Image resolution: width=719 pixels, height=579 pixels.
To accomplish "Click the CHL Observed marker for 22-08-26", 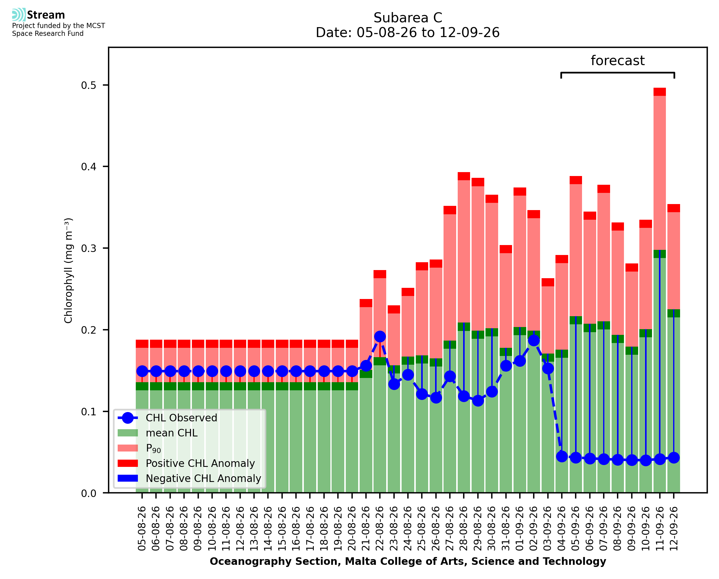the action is pyautogui.click(x=380, y=337).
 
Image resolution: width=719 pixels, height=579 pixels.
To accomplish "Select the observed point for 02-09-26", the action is pyautogui.click(x=533, y=341).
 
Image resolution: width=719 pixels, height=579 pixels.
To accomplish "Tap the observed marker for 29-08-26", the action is pyautogui.click(x=478, y=401).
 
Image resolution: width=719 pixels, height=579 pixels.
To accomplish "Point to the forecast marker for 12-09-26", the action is pyautogui.click(x=674, y=458).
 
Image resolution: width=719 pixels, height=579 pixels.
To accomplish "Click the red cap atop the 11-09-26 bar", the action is pyautogui.click(x=660, y=92).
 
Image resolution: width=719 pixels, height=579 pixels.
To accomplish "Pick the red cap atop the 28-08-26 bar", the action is pyautogui.click(x=464, y=176).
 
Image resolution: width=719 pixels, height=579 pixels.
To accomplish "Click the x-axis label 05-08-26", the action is pyautogui.click(x=142, y=528).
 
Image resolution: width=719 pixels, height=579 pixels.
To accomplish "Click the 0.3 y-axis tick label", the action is pyautogui.click(x=88, y=248).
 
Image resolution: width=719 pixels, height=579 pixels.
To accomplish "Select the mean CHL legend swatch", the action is pyautogui.click(x=128, y=433).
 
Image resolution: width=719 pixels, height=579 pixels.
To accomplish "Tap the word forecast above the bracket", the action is pyautogui.click(x=618, y=61).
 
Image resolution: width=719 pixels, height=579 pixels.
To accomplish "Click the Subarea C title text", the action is pyautogui.click(x=408, y=18).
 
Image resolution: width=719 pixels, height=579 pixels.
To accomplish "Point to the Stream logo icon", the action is pyautogui.click(x=19, y=15).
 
